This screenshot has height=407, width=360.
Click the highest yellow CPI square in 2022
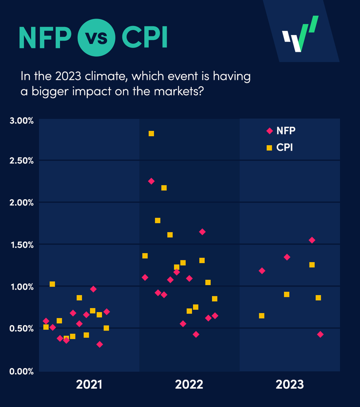(151, 134)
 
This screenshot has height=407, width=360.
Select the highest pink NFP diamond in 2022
(151, 181)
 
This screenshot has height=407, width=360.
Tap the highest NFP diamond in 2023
(312, 240)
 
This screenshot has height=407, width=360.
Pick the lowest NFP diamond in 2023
(320, 335)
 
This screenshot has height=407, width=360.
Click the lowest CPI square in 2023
(261, 316)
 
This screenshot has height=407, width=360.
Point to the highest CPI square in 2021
(52, 284)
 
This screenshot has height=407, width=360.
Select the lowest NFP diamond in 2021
(99, 344)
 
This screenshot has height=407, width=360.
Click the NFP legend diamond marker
(270, 131)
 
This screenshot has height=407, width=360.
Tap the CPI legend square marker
(270, 147)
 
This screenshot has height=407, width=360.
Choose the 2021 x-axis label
(89, 385)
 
